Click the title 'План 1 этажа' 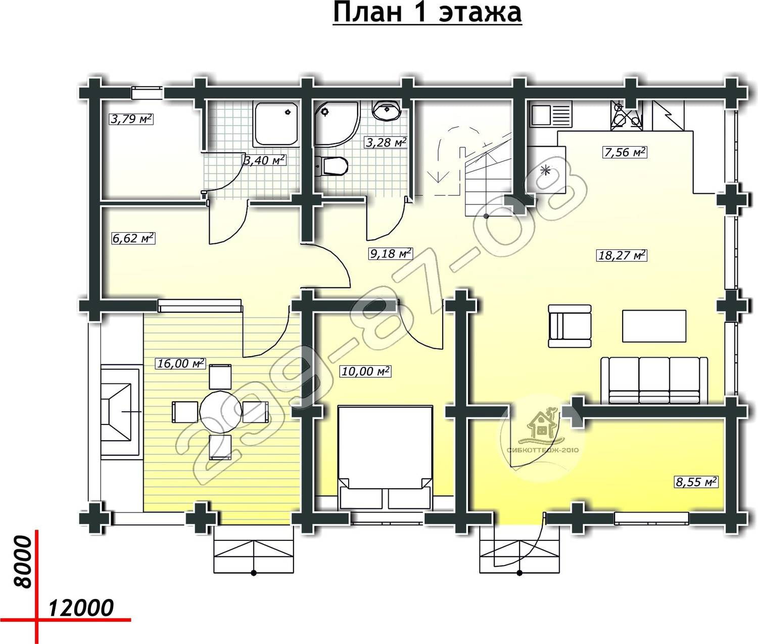point(427,13)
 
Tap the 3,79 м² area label point(131,119)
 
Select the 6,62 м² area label point(133,238)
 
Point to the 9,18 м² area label point(391,253)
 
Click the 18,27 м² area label point(622,255)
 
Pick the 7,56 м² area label point(625,152)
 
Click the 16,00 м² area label point(181,363)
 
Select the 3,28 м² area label point(386,142)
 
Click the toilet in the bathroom point(331,166)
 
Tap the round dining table point(220,412)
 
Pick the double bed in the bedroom point(385,457)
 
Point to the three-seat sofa point(654,380)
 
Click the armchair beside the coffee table point(570,326)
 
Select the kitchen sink point(550,114)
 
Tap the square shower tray point(276,124)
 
